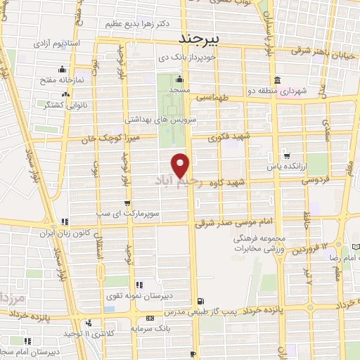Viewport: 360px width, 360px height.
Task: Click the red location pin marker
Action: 181,165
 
